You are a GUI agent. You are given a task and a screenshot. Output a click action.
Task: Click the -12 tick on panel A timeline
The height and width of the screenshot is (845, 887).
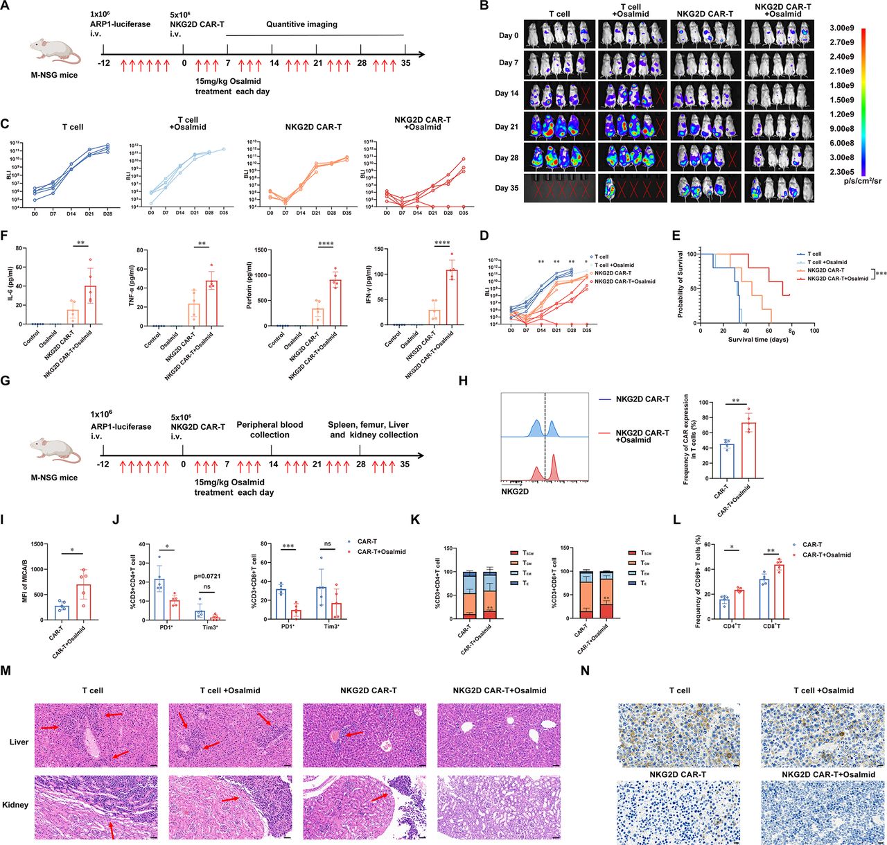[x=103, y=64]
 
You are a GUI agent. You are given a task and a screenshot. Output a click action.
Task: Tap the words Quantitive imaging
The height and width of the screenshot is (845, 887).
[x=301, y=24]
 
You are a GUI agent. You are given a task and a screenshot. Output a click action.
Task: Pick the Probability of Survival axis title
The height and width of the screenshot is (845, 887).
[x=680, y=284]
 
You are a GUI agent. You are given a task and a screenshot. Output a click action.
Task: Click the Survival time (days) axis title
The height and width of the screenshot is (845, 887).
[x=758, y=340]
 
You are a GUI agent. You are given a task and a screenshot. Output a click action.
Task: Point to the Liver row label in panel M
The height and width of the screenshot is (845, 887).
[x=19, y=742]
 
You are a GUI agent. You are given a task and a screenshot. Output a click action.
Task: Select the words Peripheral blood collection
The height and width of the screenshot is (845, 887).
[x=270, y=430]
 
